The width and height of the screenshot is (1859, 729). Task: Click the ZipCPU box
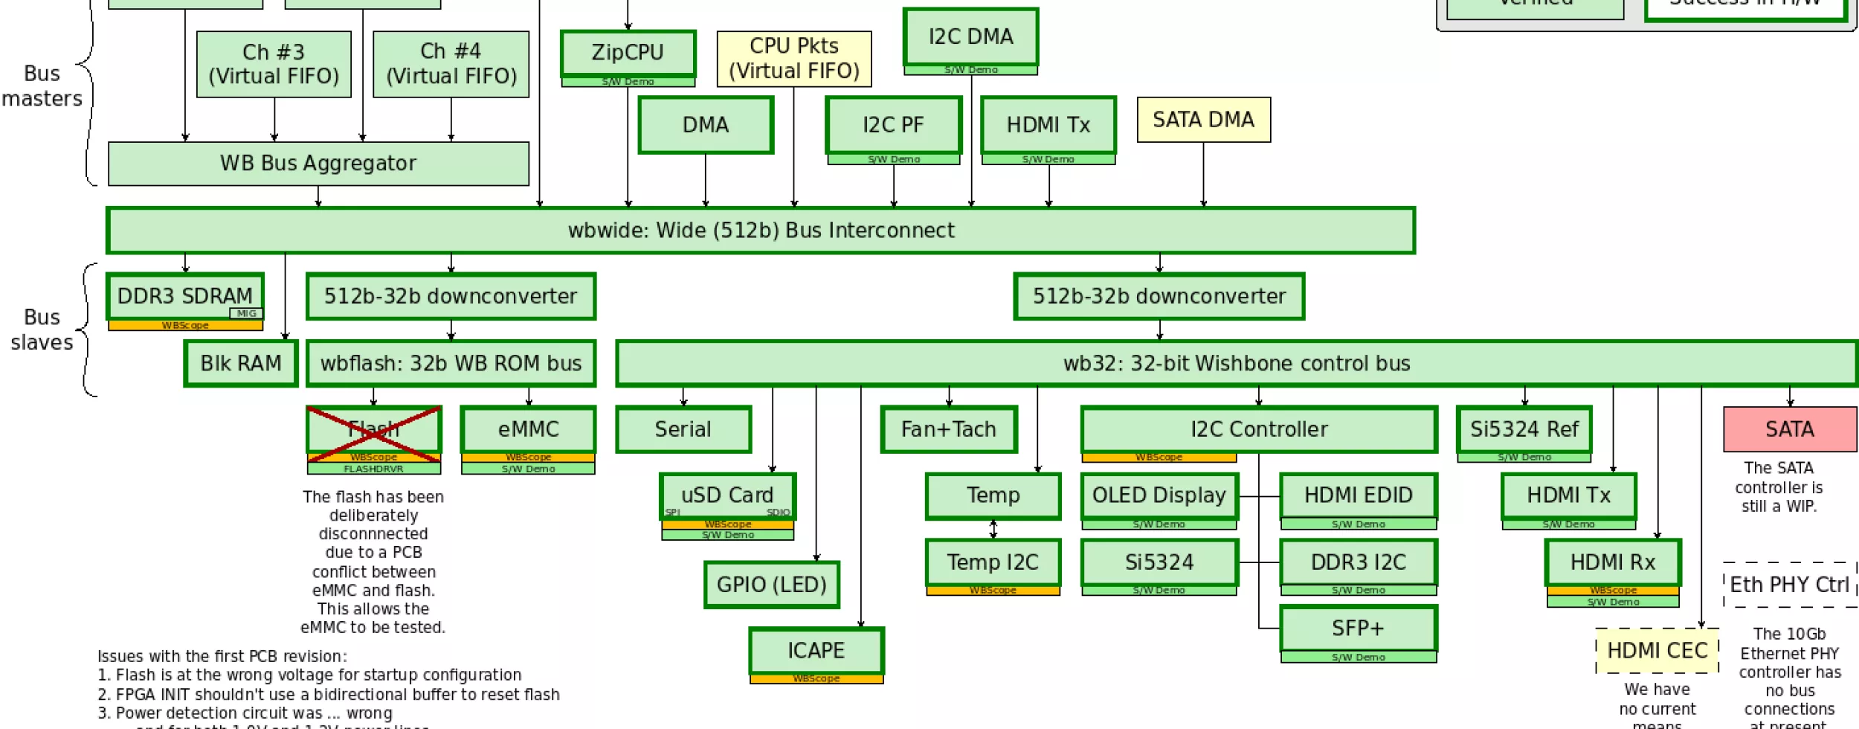pyautogui.click(x=628, y=53)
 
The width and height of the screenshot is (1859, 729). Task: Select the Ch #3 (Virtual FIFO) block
pyautogui.click(x=274, y=64)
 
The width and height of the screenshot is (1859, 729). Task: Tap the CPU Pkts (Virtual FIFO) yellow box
pyautogui.click(x=793, y=59)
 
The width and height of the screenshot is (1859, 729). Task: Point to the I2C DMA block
pyautogui.click(x=970, y=36)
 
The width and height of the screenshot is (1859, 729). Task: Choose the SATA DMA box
pyautogui.click(x=1203, y=120)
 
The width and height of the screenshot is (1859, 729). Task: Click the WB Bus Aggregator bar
pyautogui.click(x=318, y=164)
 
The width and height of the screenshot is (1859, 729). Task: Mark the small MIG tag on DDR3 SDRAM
pyautogui.click(x=246, y=314)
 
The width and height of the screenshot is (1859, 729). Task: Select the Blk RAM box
pyautogui.click(x=241, y=364)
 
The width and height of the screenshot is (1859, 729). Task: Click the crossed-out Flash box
pyautogui.click(x=373, y=430)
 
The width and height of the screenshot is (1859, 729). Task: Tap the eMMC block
pyautogui.click(x=528, y=430)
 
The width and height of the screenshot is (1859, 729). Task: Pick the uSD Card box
pyautogui.click(x=727, y=495)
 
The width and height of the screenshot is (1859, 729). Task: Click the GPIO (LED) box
pyautogui.click(x=771, y=585)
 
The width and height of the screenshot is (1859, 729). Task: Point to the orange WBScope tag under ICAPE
pyautogui.click(x=816, y=679)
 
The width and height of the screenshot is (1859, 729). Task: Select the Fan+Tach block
pyautogui.click(x=948, y=430)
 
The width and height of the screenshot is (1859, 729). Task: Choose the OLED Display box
pyautogui.click(x=1159, y=495)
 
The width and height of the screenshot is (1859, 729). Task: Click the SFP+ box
pyautogui.click(x=1358, y=629)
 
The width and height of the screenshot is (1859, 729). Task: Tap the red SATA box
pyautogui.click(x=1789, y=430)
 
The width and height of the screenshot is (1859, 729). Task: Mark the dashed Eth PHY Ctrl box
pyautogui.click(x=1789, y=585)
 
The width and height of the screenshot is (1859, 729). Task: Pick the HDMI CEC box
pyautogui.click(x=1657, y=651)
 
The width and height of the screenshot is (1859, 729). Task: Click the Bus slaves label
pyautogui.click(x=42, y=330)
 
